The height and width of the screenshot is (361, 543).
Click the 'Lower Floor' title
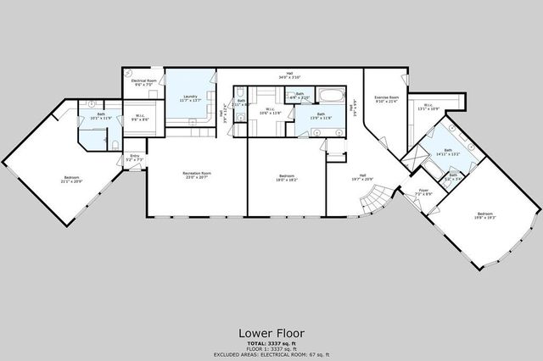(271, 333)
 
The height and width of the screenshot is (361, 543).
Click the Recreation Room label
(197, 175)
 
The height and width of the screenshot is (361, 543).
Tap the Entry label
(133, 157)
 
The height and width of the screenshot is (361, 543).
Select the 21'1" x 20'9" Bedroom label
(59, 178)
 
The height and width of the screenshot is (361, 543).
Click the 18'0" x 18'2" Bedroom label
(285, 179)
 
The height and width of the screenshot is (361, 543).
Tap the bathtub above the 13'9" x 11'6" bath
(328, 94)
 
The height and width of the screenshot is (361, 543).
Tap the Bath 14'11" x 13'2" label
(447, 153)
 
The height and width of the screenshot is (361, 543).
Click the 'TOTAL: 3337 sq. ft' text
(271, 343)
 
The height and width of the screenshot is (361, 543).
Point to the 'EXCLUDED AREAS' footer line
(271, 353)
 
